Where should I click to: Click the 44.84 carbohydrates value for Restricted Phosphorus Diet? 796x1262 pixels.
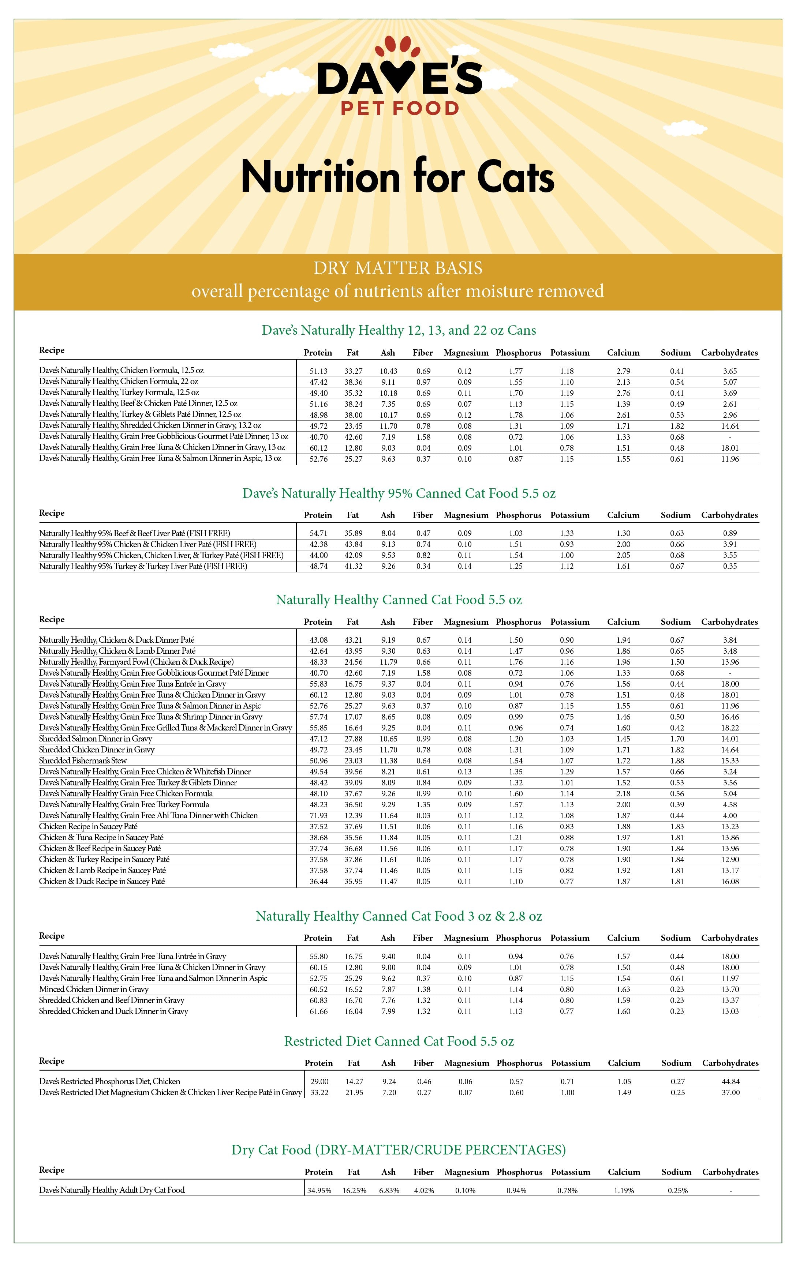[730, 1082]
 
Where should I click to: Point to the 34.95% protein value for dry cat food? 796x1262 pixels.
[319, 1191]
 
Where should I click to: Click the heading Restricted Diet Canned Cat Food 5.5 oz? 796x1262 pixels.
[399, 1041]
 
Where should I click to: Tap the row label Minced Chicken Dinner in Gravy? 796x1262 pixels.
[94, 989]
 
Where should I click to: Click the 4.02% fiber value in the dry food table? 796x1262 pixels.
[424, 1191]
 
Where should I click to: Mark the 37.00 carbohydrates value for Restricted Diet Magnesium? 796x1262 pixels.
[730, 1093]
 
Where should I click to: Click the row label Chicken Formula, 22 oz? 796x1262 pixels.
[119, 382]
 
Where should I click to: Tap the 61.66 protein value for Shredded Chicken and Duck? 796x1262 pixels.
[318, 1011]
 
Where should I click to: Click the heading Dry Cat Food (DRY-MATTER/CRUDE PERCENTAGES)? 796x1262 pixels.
[399, 1150]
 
